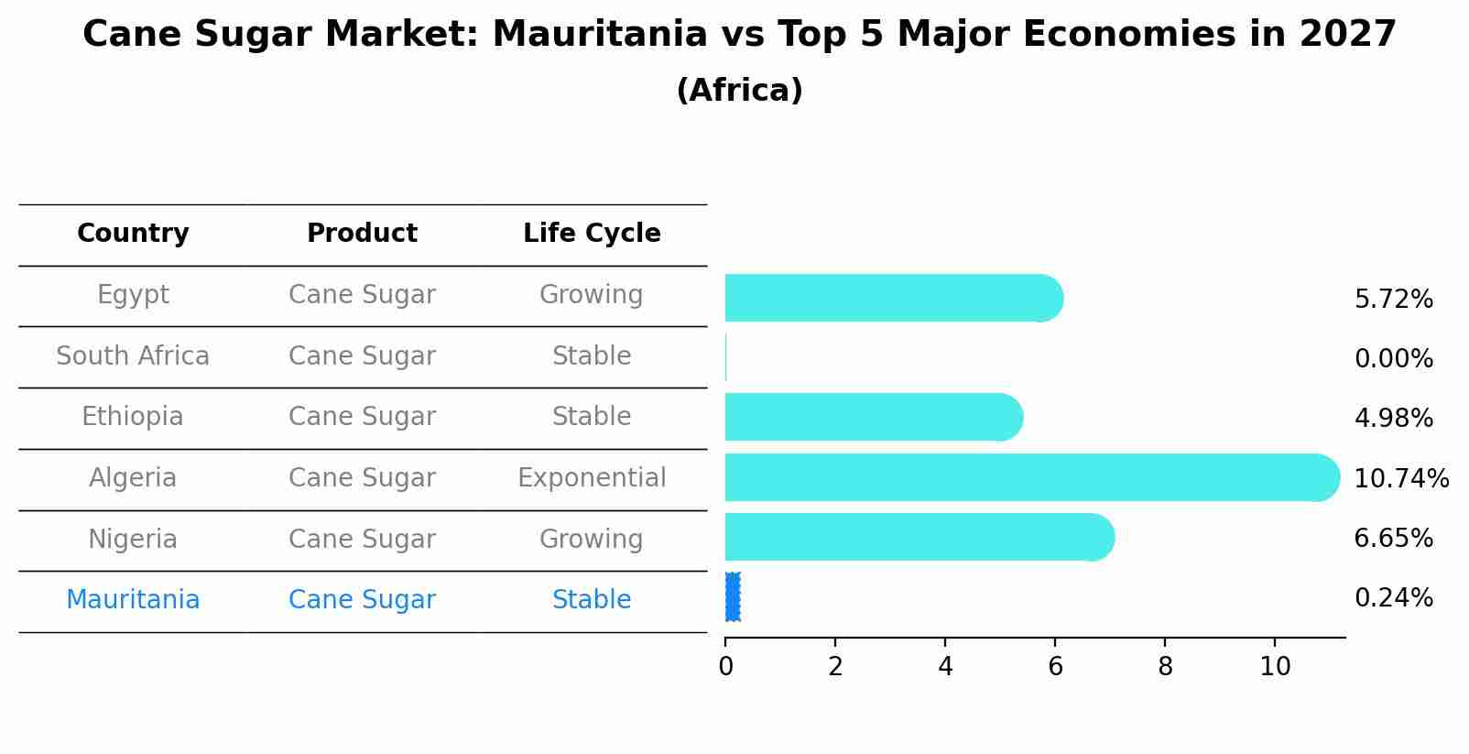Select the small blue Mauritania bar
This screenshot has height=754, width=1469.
[x=733, y=597]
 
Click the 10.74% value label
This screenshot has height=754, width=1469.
[x=1400, y=479]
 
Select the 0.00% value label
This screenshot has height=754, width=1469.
[x=1393, y=359]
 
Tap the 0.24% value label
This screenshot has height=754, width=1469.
[x=1393, y=598]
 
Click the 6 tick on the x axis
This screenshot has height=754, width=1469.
[x=1055, y=667]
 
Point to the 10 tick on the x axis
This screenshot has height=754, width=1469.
[x=1274, y=667]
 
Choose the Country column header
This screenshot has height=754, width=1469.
[x=133, y=234]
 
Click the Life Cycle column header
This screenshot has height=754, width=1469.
[x=592, y=234]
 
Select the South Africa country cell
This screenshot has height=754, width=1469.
[x=133, y=356]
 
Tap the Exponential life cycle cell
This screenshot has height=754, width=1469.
[x=592, y=478]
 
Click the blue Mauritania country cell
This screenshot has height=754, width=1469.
[x=133, y=600]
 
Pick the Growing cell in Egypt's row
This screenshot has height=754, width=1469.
[x=592, y=295]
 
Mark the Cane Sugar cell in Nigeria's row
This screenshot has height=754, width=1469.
[x=362, y=540]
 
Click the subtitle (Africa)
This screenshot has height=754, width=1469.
[x=739, y=91]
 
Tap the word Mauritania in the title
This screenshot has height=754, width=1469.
[x=600, y=35]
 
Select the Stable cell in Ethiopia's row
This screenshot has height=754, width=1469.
[x=592, y=417]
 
